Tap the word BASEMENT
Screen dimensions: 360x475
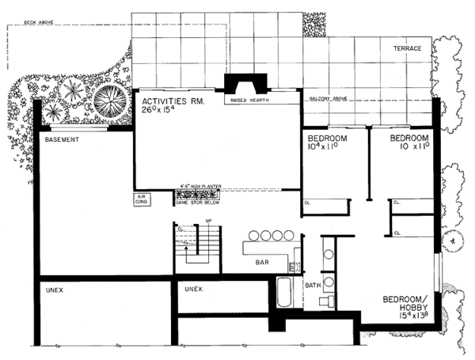coord(63,140)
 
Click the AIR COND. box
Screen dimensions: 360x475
coord(143,200)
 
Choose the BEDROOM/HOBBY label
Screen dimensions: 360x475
coord(408,305)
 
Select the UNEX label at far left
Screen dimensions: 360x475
coord(55,290)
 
